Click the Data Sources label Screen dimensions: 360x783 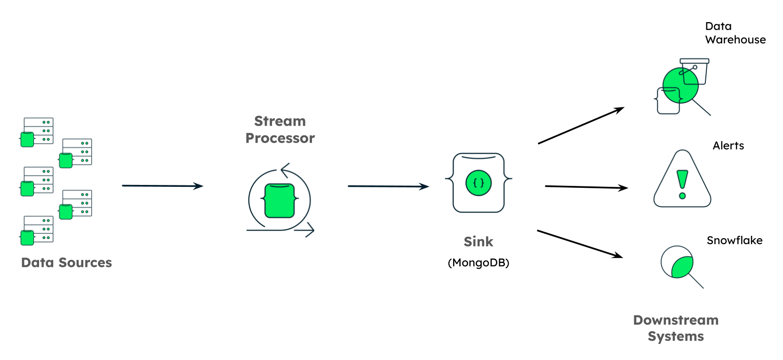tap(66, 263)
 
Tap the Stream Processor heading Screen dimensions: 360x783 tap(280, 129)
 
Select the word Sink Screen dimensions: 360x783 tap(478, 241)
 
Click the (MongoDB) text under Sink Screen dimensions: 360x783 tap(478, 263)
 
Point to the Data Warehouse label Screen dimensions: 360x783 tap(735, 33)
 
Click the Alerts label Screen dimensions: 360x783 tap(728, 146)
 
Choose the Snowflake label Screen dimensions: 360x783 tap(734, 240)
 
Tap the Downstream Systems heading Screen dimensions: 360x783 tap(676, 328)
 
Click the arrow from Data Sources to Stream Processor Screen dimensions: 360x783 tap(162, 186)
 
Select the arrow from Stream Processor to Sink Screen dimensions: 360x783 tap(388, 186)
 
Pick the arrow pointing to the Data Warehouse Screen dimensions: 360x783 tap(581, 126)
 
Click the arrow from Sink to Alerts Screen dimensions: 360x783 tap(586, 187)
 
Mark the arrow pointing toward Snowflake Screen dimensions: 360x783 tap(580, 244)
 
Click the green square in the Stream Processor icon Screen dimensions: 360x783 tap(280, 201)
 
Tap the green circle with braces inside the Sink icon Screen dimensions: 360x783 tap(478, 183)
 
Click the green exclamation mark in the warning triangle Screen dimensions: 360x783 tap(682, 184)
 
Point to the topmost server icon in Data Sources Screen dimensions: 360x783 tap(38, 131)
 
